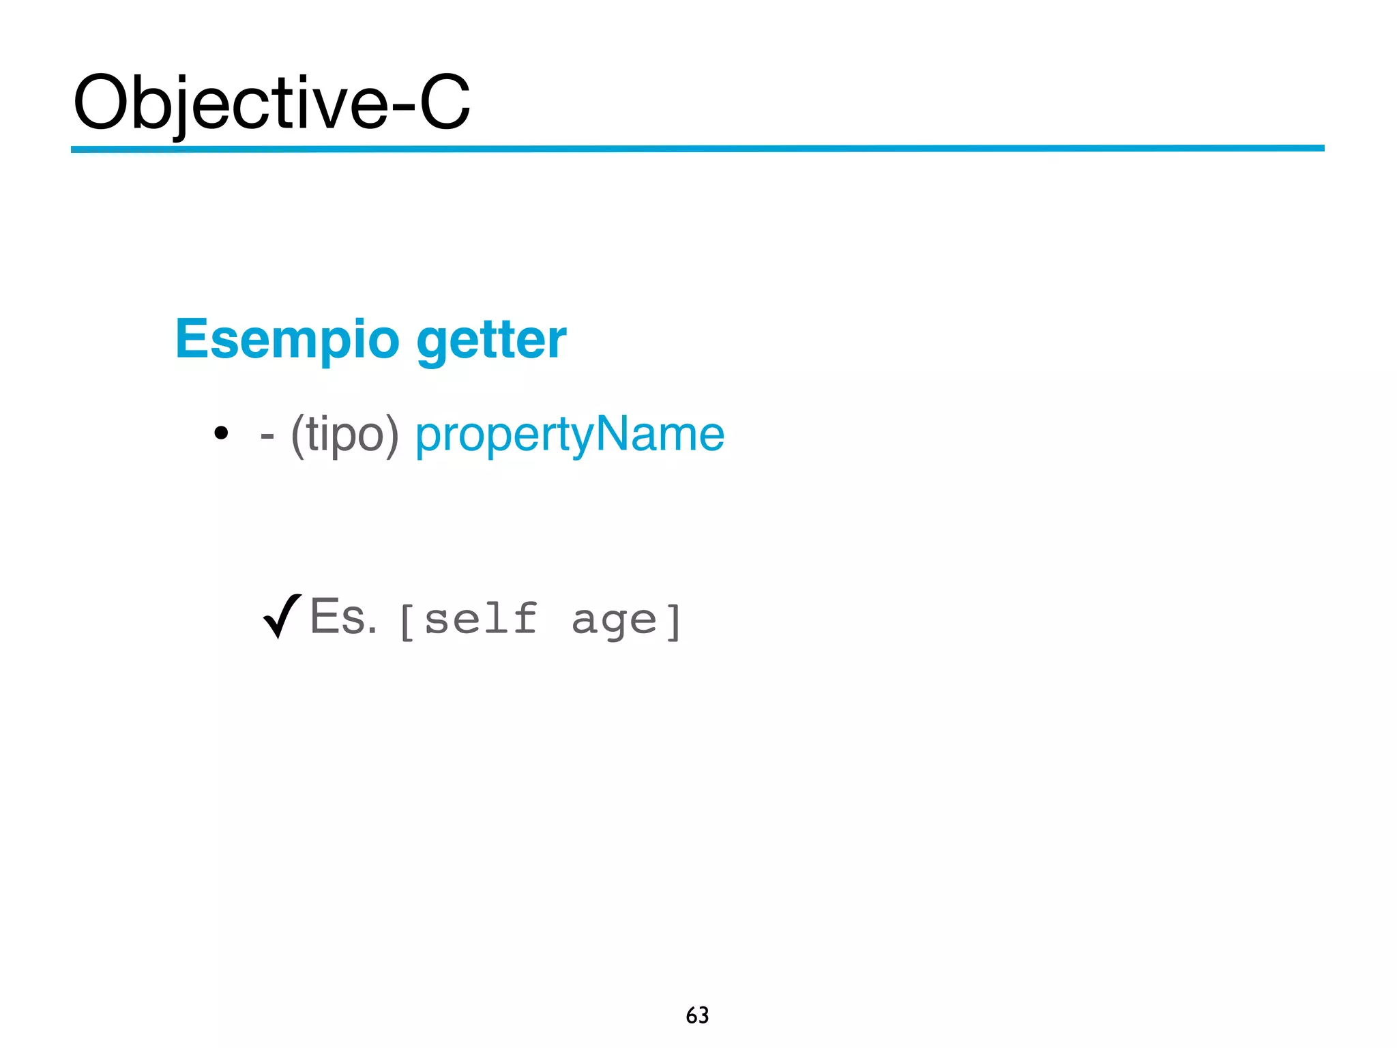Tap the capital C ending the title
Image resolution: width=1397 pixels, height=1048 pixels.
point(445,102)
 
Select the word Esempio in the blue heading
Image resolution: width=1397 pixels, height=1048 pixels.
point(287,339)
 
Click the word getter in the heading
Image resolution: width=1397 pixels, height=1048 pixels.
point(491,340)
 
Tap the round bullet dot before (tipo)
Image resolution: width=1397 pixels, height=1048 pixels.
point(220,433)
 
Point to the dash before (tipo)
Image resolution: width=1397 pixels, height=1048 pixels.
point(267,435)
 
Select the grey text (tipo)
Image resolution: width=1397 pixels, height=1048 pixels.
point(344,435)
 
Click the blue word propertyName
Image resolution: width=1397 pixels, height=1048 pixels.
point(570,435)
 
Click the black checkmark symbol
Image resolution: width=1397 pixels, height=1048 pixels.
point(282,615)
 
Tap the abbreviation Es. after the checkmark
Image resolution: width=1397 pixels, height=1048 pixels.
point(342,616)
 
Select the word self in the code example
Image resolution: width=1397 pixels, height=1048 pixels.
point(481,618)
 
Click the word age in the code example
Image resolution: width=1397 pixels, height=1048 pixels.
point(614,620)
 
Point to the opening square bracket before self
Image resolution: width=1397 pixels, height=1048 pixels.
point(407,622)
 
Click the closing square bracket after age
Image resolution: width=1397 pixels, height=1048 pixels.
point(673,622)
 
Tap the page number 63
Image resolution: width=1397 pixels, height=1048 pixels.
point(697,1015)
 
